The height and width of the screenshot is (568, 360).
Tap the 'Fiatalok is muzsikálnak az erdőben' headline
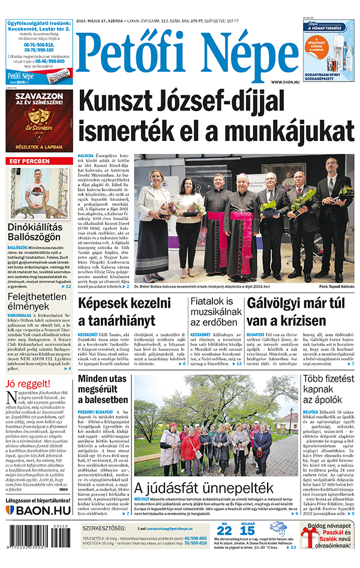click(x=214, y=312)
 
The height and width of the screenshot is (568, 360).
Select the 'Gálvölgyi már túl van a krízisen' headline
click(x=300, y=312)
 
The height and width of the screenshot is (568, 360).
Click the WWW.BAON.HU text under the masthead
click(x=285, y=82)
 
